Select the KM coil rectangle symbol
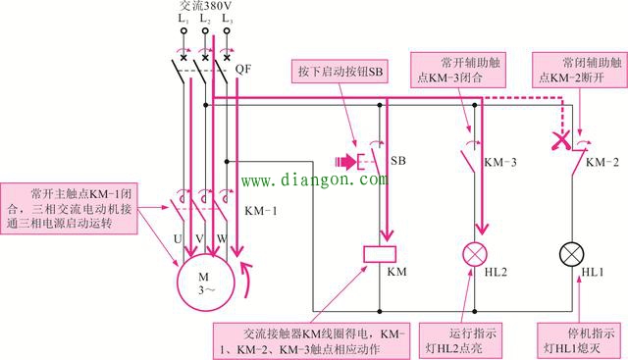(x=379, y=254)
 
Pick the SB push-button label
(x=398, y=160)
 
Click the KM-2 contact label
(x=600, y=160)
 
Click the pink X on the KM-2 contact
(x=562, y=141)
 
